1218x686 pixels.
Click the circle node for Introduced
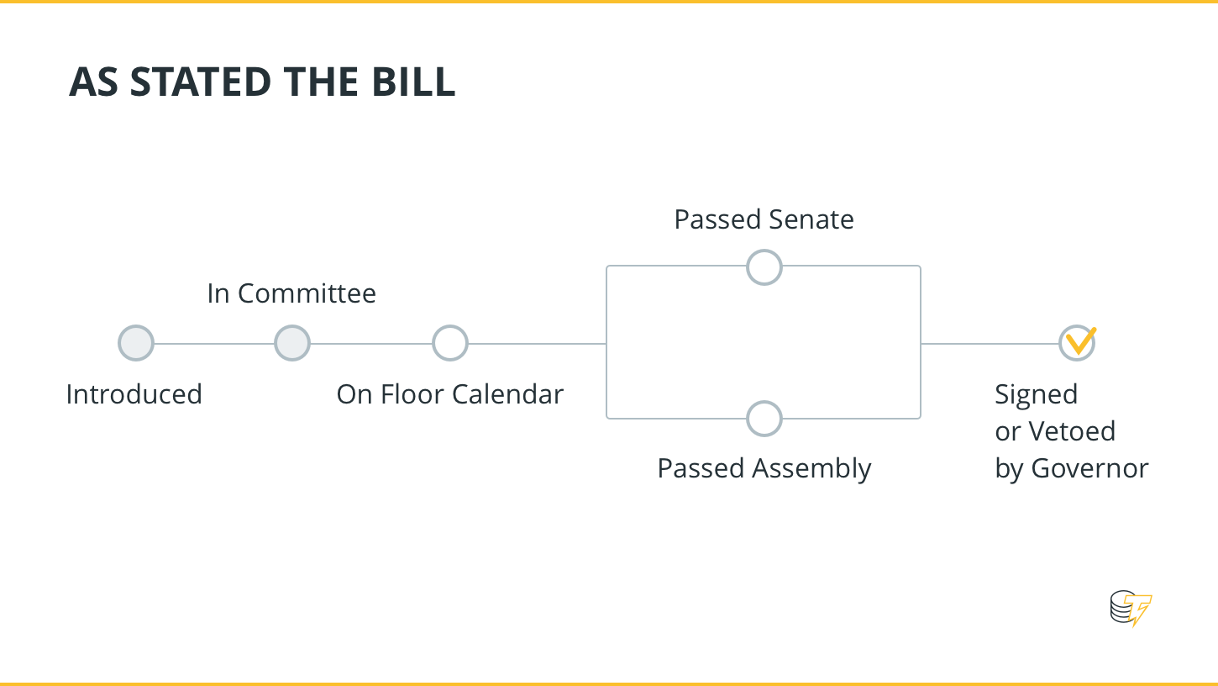click(136, 343)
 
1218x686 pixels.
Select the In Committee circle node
click(292, 343)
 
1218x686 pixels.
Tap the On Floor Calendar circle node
click(450, 343)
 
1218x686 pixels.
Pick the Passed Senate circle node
click(764, 267)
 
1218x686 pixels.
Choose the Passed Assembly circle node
click(764, 419)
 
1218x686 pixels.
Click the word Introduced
click(134, 394)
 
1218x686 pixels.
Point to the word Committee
click(307, 293)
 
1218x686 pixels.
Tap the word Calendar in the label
click(507, 394)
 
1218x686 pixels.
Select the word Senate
click(811, 219)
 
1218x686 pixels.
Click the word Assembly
click(811, 469)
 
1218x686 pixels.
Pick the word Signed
click(1037, 395)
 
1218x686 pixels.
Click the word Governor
click(1089, 468)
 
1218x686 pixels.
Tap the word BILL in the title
click(413, 82)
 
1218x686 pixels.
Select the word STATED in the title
click(201, 82)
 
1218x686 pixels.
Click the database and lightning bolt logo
click(1131, 608)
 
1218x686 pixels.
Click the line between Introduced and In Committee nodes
click(214, 343)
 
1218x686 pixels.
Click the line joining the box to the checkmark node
click(990, 343)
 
